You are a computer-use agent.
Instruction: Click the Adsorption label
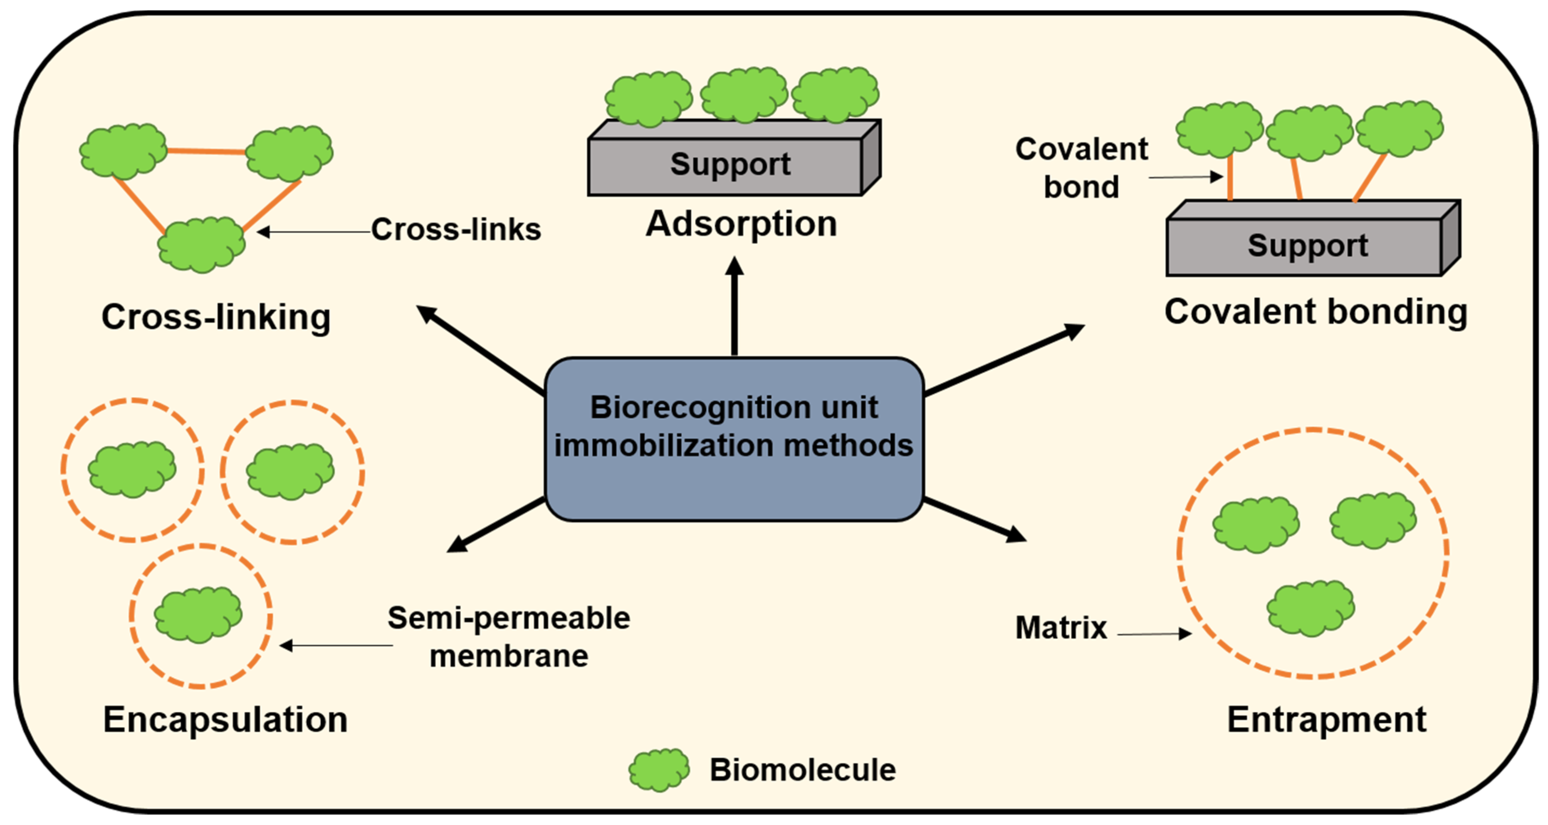[741, 224]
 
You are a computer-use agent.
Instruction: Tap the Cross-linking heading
[216, 317]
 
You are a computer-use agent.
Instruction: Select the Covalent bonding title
[1316, 312]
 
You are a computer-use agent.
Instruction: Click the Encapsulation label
[225, 719]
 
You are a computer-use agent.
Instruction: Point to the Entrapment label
[1326, 719]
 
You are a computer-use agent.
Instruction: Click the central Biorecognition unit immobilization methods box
[734, 439]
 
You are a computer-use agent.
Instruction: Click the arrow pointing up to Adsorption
[734, 307]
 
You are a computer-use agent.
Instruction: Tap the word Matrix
[1061, 628]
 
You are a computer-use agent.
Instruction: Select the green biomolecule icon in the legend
[659, 770]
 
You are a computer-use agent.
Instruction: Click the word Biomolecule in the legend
[802, 770]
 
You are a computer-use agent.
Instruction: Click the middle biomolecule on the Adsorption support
[744, 95]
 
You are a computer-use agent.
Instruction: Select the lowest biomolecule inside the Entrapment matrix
[1310, 608]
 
